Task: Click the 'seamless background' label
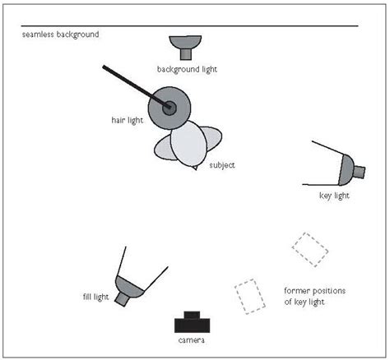[x=60, y=35]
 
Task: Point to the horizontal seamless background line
[x=247, y=26]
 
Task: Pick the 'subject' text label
[x=222, y=165]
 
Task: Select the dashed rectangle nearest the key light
[x=309, y=248]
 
